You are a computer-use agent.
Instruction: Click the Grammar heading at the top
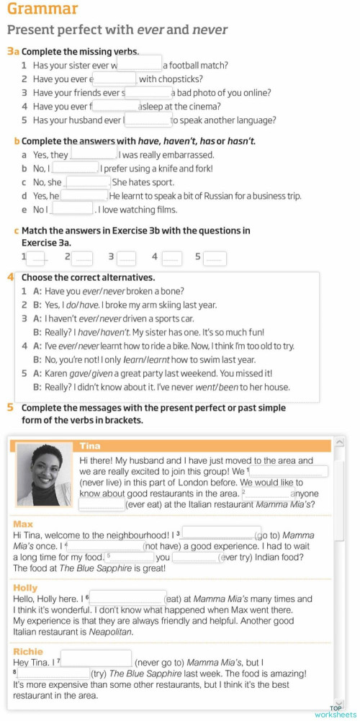coord(42,9)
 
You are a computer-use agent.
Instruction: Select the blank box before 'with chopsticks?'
coord(114,78)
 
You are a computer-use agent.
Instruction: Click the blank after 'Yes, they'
coord(94,154)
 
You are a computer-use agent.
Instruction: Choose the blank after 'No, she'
coord(88,182)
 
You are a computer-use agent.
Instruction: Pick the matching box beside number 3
coord(127,257)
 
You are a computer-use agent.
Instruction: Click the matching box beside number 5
coord(215,257)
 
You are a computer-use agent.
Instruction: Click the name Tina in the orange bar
coord(91,446)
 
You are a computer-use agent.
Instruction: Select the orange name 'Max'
coord(23,524)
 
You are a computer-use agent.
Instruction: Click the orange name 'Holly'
coord(25,588)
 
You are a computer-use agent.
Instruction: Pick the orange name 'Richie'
coord(28,651)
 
